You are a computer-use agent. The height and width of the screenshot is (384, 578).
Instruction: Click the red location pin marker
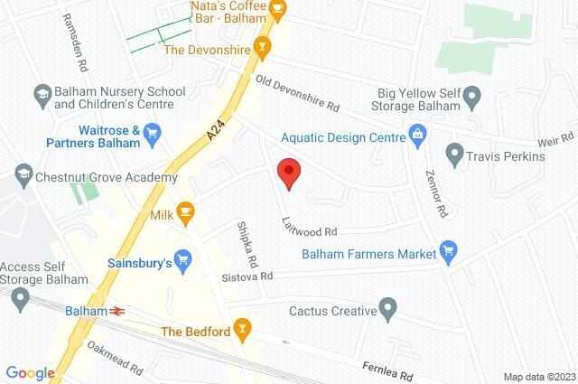pos(288,172)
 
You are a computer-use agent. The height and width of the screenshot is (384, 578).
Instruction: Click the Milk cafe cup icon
pos(185,212)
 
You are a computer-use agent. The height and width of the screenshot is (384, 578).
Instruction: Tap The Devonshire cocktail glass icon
pos(263,47)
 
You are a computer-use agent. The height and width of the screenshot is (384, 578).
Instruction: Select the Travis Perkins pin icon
pos(455,155)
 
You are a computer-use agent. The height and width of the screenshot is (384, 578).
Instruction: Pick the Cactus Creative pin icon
pos(387,310)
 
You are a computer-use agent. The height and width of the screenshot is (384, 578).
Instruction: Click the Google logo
pos(30,372)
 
